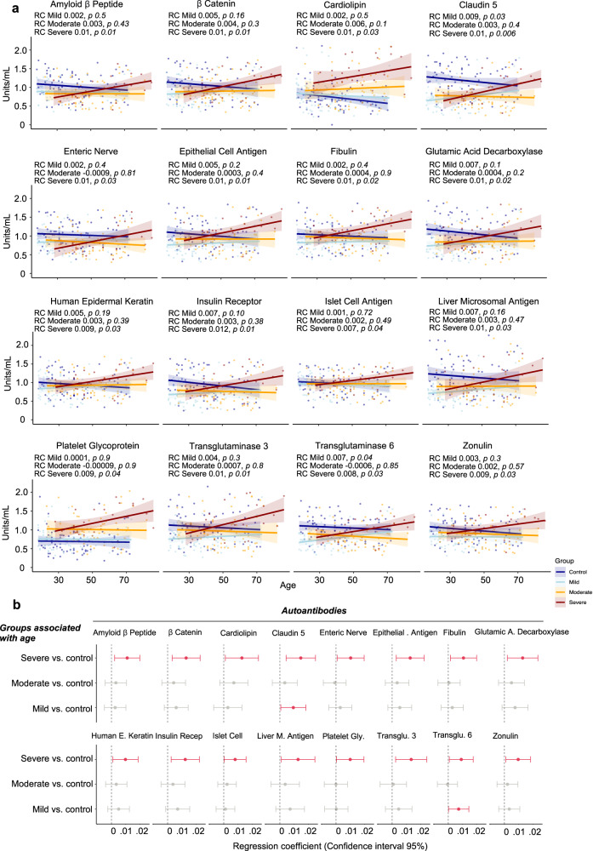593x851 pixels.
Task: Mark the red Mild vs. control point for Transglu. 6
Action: pyautogui.click(x=459, y=808)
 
